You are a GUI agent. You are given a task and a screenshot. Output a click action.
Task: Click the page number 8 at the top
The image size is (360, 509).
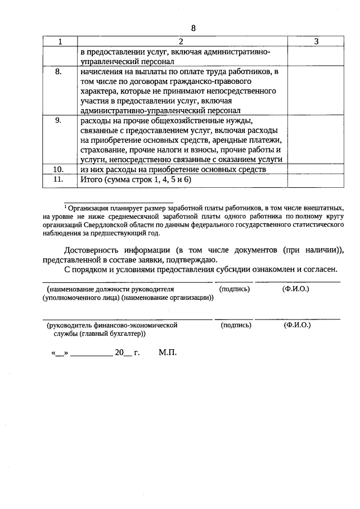tap(193, 28)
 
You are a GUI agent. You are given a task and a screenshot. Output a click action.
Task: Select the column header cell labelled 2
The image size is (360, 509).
tap(181, 42)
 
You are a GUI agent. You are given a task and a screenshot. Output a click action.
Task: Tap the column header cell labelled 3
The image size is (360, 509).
tap(316, 42)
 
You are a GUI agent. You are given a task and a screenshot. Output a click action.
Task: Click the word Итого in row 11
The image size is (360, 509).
tap(92, 179)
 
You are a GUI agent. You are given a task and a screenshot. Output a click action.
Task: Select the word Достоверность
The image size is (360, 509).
tap(97, 250)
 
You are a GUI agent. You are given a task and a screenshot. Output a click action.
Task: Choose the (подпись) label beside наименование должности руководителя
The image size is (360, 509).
tap(235, 289)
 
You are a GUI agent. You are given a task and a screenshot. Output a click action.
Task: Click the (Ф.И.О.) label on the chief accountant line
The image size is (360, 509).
tap(298, 325)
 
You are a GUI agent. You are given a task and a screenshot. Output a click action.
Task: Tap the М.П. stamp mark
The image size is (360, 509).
tap(168, 353)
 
